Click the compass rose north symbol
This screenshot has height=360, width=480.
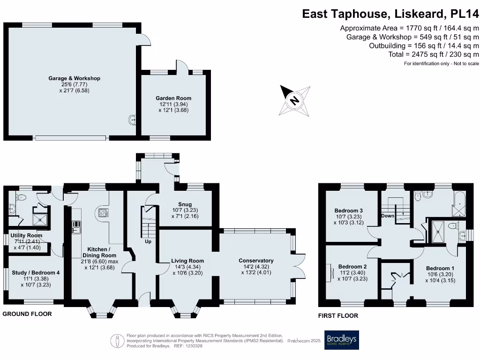tap(294, 100)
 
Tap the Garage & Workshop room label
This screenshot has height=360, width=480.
tap(75, 78)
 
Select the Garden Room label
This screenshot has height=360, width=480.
tap(173, 98)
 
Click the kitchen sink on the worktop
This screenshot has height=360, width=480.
tap(76, 228)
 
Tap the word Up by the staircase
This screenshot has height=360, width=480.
tap(148, 241)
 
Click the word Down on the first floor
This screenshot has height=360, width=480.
tap(388, 216)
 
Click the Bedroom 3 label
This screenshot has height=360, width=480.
tap(348, 210)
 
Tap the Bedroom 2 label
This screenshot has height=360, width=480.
tap(352, 266)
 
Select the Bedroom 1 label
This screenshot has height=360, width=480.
tap(440, 269)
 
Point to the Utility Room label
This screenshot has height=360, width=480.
tap(27, 235)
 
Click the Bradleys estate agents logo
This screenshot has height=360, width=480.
tap(341, 340)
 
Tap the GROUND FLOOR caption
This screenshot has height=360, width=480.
tap(27, 314)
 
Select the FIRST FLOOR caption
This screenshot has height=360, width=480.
tap(338, 316)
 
